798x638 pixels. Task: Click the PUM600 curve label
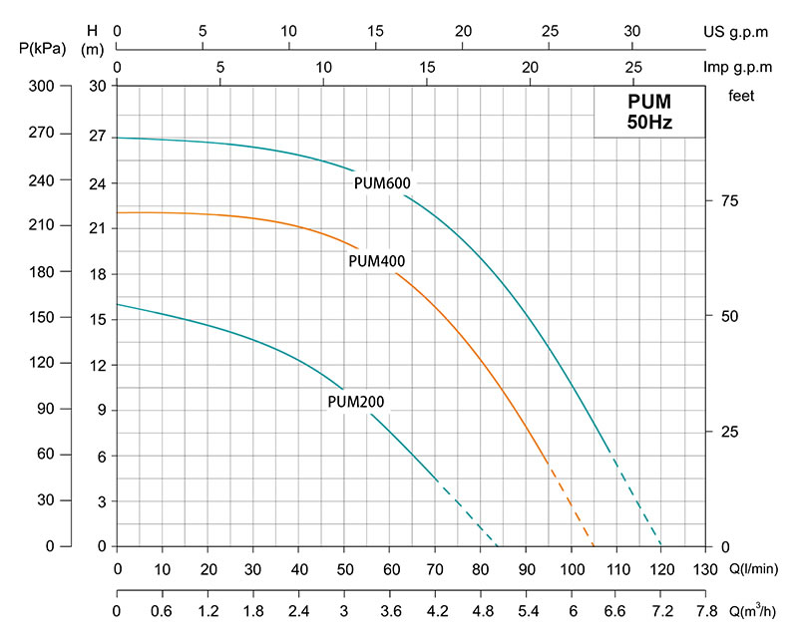382,182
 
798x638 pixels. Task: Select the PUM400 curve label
375,261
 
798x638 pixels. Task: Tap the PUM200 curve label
355,403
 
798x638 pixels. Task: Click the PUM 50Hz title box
649,112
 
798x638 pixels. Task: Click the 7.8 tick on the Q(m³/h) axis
707,611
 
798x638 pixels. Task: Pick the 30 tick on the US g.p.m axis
632,31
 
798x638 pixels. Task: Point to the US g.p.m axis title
735,31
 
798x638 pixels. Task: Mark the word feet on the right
741,97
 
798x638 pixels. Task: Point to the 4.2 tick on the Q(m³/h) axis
435,611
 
